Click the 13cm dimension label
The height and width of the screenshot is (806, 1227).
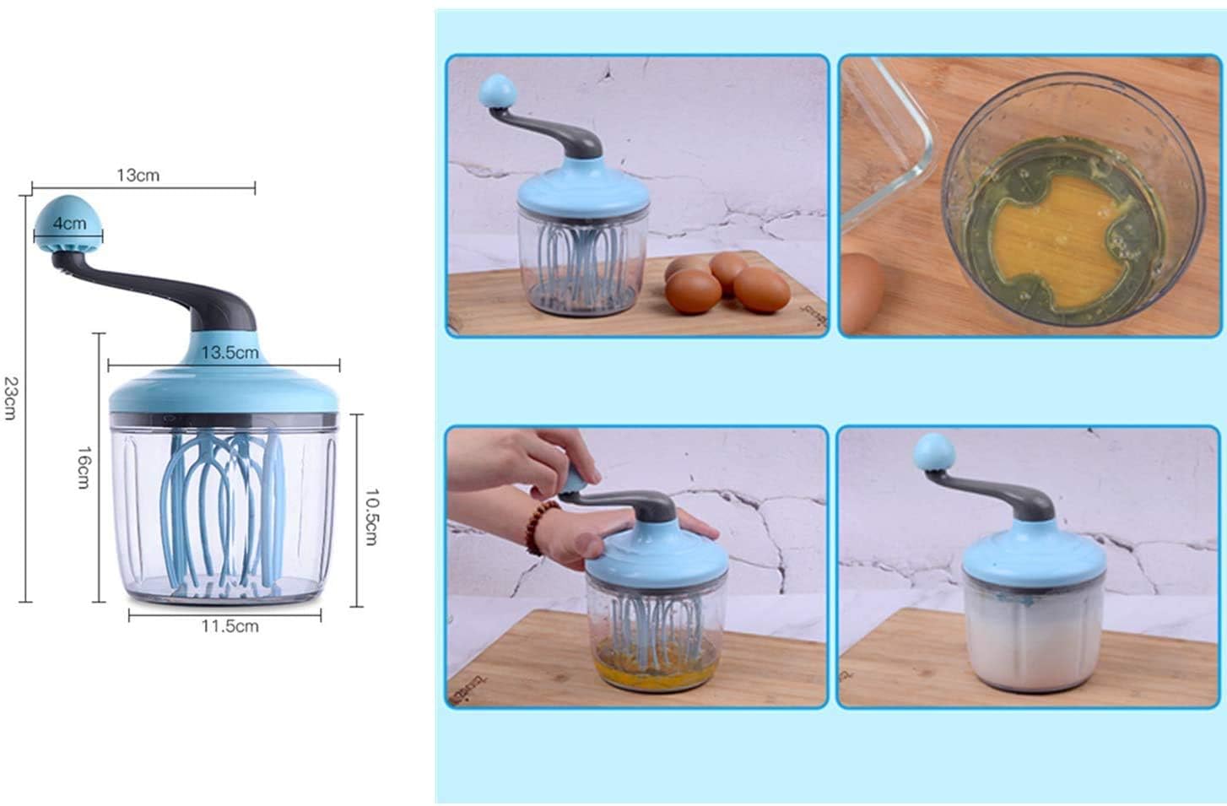click(138, 176)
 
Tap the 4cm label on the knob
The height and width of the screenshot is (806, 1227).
click(69, 224)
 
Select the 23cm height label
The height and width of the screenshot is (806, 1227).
click(10, 397)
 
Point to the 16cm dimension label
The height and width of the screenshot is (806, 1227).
click(84, 467)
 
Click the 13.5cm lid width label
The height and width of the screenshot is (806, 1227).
click(229, 353)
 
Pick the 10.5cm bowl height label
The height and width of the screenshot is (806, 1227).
click(370, 516)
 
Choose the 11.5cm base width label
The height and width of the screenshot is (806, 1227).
click(230, 626)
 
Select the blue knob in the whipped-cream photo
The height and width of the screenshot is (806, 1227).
click(933, 452)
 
